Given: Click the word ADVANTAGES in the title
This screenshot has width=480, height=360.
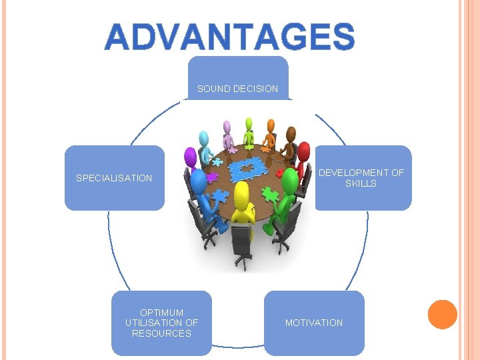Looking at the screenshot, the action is coord(229,37).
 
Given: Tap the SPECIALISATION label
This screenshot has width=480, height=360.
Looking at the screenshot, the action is coord(114,178).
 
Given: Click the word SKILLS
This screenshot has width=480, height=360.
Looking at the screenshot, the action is coord(361,183).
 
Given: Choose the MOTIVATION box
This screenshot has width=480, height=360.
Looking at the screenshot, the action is coord(314,323).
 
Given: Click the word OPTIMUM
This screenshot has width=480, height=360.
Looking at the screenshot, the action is coord(161,312).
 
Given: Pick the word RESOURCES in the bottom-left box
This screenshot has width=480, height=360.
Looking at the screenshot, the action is coord(161,333).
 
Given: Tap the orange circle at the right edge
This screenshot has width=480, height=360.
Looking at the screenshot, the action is coord(442,315).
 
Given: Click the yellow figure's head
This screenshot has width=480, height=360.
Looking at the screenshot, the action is coord(241,193).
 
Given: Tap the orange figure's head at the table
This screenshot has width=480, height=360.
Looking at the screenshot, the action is coord(271,125).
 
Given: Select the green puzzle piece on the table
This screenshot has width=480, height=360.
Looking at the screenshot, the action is coord(270,194).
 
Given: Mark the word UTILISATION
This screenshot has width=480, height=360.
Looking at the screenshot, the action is coord(161,323).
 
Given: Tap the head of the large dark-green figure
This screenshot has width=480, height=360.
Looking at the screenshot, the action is coord(291,180).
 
